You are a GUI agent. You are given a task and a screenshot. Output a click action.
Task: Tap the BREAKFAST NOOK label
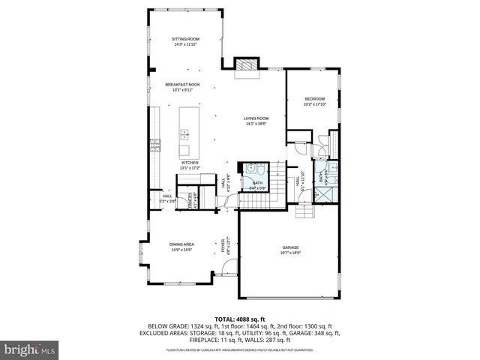coord(182,85)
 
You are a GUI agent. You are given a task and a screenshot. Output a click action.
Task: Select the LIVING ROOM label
coord(256,118)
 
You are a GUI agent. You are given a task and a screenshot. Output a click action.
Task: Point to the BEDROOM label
coord(314,99)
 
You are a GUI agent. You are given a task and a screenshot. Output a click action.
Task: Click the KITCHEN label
coord(189,162)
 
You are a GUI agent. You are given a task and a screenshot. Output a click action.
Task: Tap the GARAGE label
coord(290,247)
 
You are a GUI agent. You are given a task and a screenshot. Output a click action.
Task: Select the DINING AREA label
coord(181,244)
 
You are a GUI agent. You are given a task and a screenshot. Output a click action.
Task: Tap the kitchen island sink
coord(184,135)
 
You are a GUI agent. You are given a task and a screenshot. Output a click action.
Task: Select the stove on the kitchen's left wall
coord(156,145)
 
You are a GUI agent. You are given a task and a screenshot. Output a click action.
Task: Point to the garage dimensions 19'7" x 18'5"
coord(290,253)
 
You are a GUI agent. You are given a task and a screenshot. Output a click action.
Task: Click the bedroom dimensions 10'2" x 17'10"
coord(314,104)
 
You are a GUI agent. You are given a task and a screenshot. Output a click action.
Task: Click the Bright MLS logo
coord(30,349)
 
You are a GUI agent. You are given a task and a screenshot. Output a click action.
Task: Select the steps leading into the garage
coord(304,216)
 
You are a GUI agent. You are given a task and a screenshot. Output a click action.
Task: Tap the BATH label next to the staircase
coord(257,182)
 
